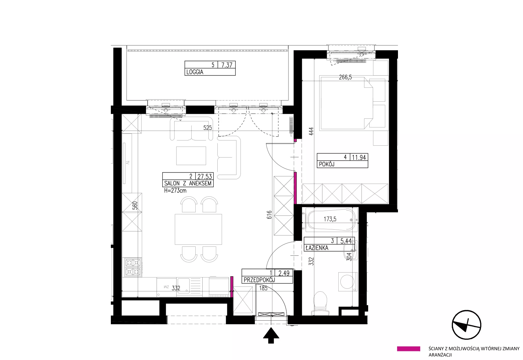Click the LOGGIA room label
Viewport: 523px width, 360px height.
pos(195,72)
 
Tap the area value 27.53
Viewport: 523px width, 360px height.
pos(205,176)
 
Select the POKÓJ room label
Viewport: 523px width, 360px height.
pos(326,164)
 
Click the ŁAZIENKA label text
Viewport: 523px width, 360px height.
pos(317,248)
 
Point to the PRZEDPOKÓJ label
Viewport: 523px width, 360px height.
pos(259,280)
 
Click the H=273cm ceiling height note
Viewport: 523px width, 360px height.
pos(175,191)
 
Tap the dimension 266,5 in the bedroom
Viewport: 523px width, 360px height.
pos(345,77)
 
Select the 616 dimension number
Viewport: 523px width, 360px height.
pos(269,215)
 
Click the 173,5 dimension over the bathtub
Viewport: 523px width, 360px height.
pos(330,219)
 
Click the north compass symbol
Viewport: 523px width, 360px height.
pos(467,325)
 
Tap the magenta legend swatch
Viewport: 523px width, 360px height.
pos(408,349)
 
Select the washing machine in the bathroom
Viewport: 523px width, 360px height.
pos(348,282)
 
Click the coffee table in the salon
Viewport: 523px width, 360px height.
pos(191,156)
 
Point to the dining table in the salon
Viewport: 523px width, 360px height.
pos(198,229)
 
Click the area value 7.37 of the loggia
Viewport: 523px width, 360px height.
pos(227,65)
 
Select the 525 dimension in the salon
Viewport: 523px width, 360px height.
pos(208,127)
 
